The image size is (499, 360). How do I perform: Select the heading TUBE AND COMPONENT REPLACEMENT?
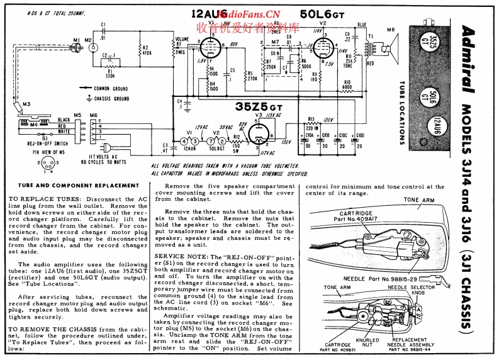tap(74, 186)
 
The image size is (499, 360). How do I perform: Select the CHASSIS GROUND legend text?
tap(111, 99)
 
